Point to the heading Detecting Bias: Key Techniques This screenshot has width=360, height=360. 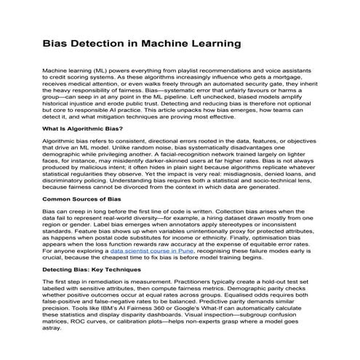[x=91, y=268]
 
